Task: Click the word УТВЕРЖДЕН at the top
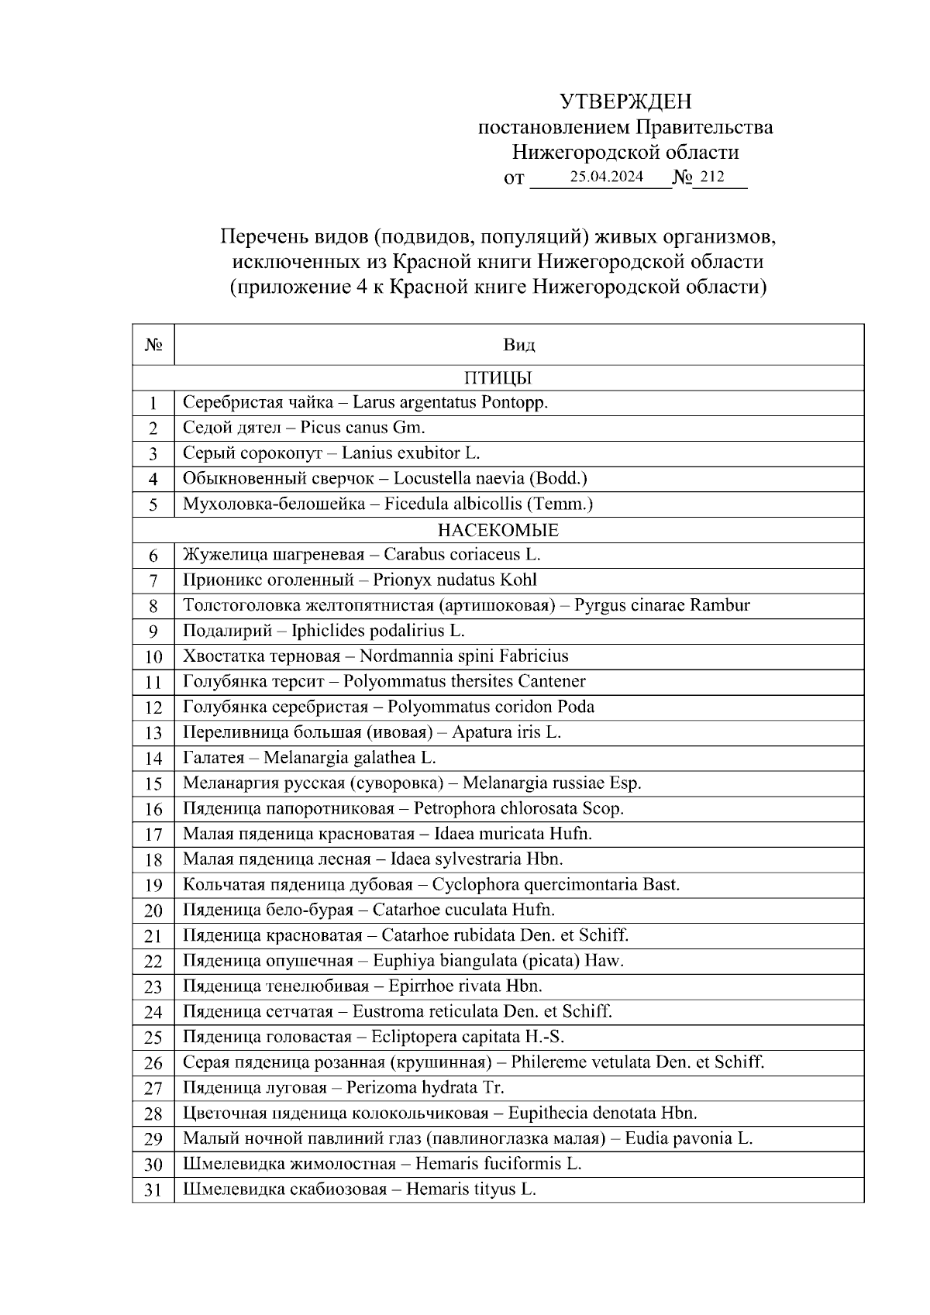coord(625,102)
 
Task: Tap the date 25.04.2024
coord(606,177)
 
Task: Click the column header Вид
coord(518,345)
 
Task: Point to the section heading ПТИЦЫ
coord(498,378)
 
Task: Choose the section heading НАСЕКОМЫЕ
coord(498,530)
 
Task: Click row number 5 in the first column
coord(153,504)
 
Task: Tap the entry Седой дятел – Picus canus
coord(304,428)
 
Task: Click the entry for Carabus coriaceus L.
coord(361,555)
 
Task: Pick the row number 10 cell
coord(153,657)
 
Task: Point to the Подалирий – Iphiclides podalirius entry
coord(323,631)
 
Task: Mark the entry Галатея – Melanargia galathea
coord(309,758)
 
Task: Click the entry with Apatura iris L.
coord(371,732)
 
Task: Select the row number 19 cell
coord(153,885)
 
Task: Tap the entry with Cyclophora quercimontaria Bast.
coord(431,885)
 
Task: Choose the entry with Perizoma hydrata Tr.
coord(343,1088)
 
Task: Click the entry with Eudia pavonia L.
coord(467,1138)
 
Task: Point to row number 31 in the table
coord(153,1189)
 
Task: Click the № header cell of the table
coord(153,345)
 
